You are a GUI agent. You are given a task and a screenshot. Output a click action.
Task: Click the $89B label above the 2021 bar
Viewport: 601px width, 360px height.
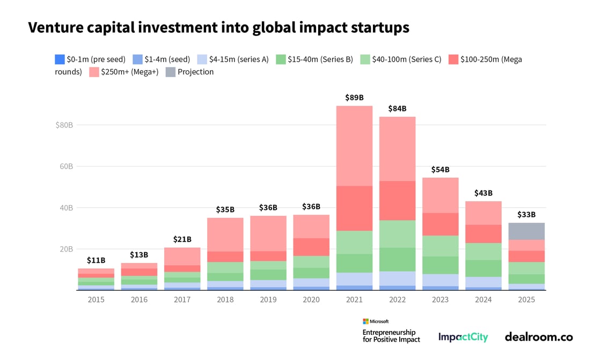coord(354,98)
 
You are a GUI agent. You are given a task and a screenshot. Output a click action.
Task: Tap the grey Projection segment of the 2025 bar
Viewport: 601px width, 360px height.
coord(527,231)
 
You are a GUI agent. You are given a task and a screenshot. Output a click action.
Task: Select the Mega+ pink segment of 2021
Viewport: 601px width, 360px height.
coord(354,145)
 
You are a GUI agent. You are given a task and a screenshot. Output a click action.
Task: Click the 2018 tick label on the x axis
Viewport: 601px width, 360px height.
coord(225,299)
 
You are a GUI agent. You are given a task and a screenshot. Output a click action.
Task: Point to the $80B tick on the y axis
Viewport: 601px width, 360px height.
coord(64,125)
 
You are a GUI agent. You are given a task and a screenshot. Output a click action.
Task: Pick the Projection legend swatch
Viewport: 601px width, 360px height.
coord(170,72)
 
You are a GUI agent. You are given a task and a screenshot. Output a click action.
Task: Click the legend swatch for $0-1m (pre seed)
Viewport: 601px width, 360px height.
coord(60,59)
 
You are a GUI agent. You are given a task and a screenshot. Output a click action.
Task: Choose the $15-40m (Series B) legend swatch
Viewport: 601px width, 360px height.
coord(281,59)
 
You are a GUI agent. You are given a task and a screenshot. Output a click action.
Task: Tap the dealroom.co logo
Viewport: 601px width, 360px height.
coord(538,337)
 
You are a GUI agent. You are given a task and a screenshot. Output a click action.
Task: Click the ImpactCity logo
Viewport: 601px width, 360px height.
coord(463,337)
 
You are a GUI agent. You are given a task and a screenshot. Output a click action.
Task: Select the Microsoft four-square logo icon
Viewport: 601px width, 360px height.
coord(365,321)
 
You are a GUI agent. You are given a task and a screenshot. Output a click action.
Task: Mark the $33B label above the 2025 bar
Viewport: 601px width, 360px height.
coord(527,215)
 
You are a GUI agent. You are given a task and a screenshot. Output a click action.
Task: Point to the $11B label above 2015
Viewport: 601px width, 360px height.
coord(96,260)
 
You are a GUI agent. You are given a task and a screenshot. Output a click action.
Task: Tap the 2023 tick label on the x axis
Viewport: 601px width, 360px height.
coord(441,299)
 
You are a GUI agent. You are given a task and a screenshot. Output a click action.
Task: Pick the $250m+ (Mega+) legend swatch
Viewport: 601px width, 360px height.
coord(94,72)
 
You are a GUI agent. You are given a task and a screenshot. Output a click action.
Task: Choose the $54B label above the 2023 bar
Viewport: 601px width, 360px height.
coord(441,170)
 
